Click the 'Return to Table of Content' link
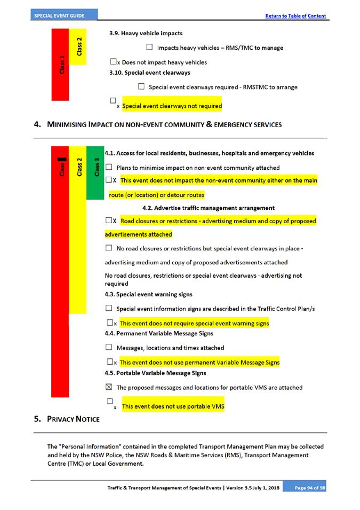point(295,16)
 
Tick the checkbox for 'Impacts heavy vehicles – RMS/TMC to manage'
point(149,48)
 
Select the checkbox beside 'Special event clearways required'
point(141,87)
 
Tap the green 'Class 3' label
point(97,165)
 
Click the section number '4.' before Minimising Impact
point(37,124)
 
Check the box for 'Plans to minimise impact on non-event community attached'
point(109,167)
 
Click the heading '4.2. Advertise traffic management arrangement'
point(209,207)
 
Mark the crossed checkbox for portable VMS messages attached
point(109,387)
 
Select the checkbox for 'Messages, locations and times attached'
point(109,348)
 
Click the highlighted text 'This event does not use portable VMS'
point(173,406)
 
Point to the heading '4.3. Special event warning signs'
point(148,294)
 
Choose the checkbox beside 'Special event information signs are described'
point(109,308)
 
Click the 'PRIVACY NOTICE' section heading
point(73,419)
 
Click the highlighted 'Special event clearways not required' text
point(172,106)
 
